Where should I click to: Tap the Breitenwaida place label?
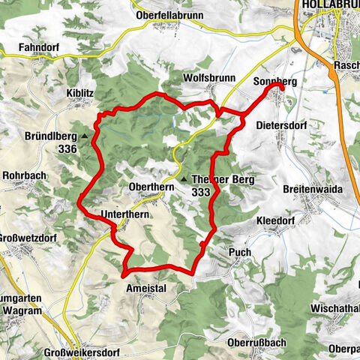click(x=313, y=190)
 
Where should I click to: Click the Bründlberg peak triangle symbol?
click(x=84, y=137)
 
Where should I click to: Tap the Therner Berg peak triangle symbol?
click(x=183, y=180)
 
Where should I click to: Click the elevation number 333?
click(x=200, y=193)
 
